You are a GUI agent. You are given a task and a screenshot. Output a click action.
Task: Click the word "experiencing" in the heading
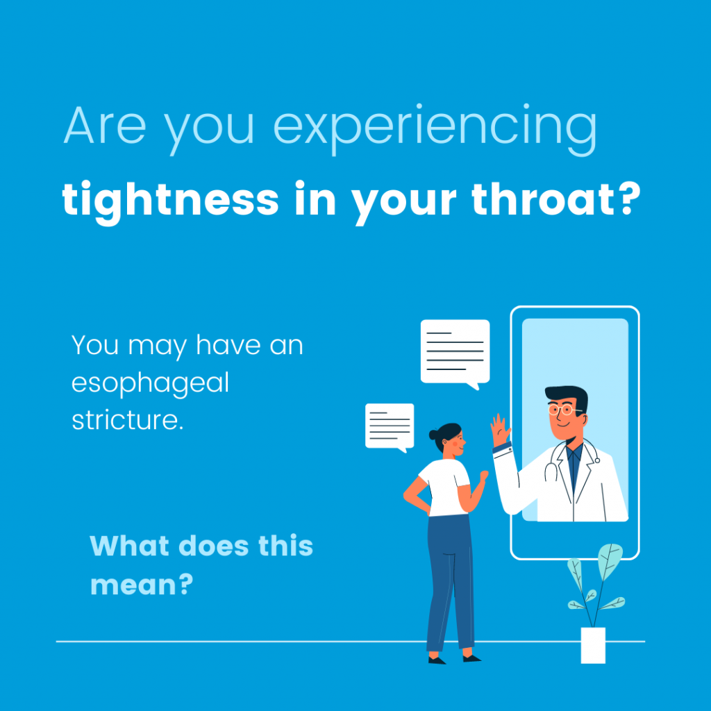point(435,130)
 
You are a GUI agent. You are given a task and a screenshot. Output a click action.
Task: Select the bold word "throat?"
point(556,199)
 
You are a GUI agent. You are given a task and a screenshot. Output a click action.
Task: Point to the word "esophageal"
point(150,384)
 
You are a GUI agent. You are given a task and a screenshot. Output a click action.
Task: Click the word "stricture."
point(128,419)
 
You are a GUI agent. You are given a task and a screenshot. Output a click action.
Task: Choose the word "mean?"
point(142,585)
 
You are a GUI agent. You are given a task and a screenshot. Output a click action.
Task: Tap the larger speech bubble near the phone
point(455,353)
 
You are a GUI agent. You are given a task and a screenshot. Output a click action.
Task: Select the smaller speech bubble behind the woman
point(390,427)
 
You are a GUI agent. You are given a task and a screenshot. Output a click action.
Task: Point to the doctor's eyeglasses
point(562,410)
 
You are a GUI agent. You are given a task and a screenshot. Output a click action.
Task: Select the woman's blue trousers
point(450,583)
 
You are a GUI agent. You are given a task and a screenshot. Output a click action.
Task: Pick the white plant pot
point(593,645)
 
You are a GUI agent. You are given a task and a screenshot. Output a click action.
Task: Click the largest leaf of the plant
point(610,561)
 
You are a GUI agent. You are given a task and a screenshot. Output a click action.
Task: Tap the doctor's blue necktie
point(574,468)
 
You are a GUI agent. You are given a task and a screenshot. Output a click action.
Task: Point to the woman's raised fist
point(484,476)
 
